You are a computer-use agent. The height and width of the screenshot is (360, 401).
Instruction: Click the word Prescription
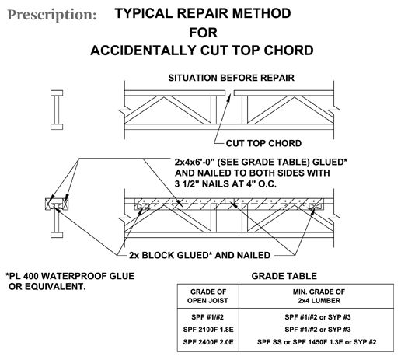tap(52, 15)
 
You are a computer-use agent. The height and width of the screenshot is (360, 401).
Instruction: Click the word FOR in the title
tap(203, 33)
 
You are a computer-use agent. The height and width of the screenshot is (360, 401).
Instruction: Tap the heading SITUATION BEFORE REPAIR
tap(231, 78)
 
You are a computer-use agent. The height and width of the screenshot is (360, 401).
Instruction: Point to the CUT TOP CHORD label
tap(263, 143)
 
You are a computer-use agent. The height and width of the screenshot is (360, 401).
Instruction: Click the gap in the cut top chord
tap(229, 93)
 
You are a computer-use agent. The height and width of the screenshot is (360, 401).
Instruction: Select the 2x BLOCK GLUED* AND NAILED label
tap(200, 255)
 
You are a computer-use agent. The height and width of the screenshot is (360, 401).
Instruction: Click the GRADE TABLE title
tap(284, 276)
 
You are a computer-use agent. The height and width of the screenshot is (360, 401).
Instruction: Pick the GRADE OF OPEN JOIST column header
tap(207, 296)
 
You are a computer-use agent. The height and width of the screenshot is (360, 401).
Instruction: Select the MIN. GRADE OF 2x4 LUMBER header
tap(319, 296)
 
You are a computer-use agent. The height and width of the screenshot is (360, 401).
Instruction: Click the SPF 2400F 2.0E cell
tap(208, 342)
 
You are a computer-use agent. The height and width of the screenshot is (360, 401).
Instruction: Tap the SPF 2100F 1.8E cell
tap(208, 330)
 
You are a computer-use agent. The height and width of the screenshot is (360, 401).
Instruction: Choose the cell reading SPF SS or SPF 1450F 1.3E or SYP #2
tap(317, 342)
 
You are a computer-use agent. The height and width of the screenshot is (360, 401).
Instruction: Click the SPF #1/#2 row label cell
tap(207, 317)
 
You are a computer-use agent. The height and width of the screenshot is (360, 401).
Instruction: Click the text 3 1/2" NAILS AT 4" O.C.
tap(225, 183)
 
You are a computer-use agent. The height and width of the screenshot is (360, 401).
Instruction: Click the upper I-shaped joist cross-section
tap(57, 110)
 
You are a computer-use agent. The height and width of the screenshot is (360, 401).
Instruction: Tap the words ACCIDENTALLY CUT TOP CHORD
tap(202, 51)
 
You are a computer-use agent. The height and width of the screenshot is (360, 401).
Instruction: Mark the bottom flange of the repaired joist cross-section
tap(57, 235)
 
